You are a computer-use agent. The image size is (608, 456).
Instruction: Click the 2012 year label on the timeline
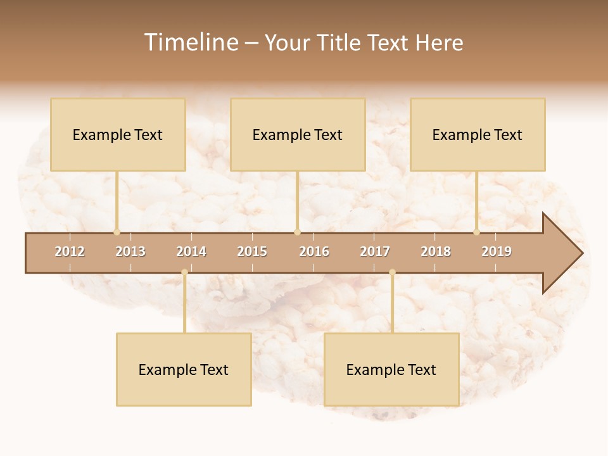point(70,251)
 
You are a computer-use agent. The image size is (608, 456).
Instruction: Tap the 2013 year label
point(130,251)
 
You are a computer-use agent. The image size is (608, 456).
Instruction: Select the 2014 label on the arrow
point(191,251)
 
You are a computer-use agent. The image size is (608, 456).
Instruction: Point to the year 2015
point(252,251)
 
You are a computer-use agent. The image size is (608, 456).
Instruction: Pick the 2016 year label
point(314,251)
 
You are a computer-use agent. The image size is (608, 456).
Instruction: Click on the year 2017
point(375,251)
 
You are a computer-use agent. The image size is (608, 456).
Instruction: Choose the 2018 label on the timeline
point(436,251)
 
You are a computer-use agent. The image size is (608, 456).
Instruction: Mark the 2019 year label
point(497,251)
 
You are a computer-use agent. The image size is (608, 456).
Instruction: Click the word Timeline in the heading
point(190,42)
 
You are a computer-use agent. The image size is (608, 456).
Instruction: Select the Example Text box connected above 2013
point(118,134)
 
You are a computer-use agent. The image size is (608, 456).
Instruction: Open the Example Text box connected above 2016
point(298,134)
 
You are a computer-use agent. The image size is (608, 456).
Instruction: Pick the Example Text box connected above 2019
point(478,134)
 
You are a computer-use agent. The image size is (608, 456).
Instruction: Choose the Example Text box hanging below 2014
point(184,369)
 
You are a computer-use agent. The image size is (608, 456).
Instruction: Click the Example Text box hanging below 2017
point(391,369)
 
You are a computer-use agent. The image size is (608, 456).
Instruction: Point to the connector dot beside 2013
point(117,232)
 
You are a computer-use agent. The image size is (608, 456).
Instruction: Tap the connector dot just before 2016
point(298,232)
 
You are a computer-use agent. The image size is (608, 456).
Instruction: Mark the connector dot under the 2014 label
point(184,272)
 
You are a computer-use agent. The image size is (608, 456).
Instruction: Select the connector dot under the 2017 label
point(392,272)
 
